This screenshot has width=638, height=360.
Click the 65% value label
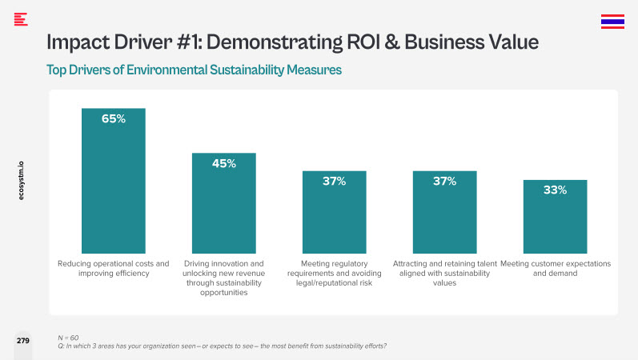tap(114, 118)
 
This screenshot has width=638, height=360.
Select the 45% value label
tap(224, 163)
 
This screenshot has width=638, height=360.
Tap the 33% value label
tap(555, 190)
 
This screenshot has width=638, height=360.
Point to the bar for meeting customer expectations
tap(555, 224)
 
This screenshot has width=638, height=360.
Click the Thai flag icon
tap(612, 22)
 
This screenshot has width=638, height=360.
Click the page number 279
tap(23, 341)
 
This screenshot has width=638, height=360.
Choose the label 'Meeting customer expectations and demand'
tap(555, 268)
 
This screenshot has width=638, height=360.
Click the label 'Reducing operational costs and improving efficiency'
tap(114, 268)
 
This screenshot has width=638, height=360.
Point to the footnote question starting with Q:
tap(223, 346)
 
